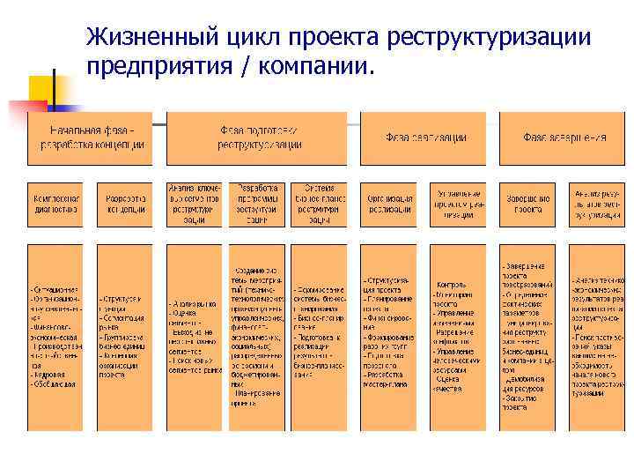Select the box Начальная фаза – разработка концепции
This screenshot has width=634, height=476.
pyautogui.click(x=91, y=138)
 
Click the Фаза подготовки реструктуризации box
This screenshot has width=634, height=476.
pyautogui.click(x=258, y=138)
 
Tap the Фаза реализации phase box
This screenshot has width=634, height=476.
pyautogui.click(x=422, y=138)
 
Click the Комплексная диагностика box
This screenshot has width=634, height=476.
pyautogui.click(x=55, y=205)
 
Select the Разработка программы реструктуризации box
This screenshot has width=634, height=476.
pyautogui.click(x=257, y=205)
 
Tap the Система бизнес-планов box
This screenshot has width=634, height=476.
pyautogui.click(x=319, y=205)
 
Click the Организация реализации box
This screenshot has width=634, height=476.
pyautogui.click(x=387, y=205)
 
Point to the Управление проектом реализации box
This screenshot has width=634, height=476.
pyautogui.click(x=458, y=205)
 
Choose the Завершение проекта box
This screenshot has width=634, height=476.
pyautogui.click(x=527, y=205)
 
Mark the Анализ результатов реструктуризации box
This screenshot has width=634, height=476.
pyautogui.click(x=596, y=205)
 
